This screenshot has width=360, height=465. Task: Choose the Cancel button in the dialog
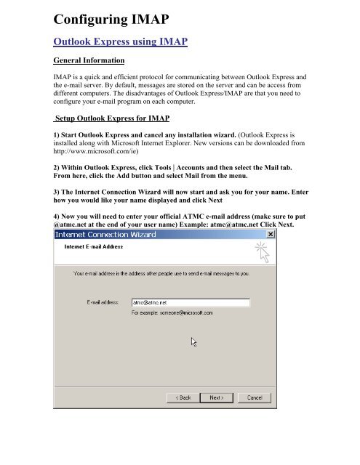(x=254, y=397)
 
